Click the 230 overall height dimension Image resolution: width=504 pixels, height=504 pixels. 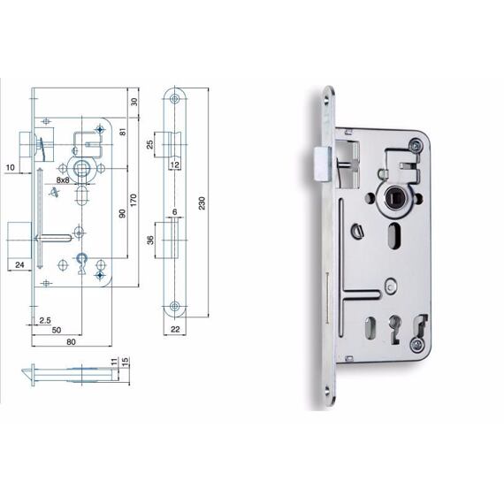(202, 202)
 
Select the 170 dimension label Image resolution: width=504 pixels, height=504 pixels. (134, 200)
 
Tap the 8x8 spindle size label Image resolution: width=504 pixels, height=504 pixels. (63, 179)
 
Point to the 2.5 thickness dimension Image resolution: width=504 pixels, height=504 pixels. (45, 320)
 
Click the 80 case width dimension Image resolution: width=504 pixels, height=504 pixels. (71, 341)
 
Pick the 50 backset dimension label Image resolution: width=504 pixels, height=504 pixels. (57, 330)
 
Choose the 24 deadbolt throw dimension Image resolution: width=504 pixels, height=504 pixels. (19, 264)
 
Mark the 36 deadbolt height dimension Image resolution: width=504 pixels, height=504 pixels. (150, 240)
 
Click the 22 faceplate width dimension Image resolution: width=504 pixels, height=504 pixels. (175, 329)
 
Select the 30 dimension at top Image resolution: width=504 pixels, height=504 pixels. (134, 102)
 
